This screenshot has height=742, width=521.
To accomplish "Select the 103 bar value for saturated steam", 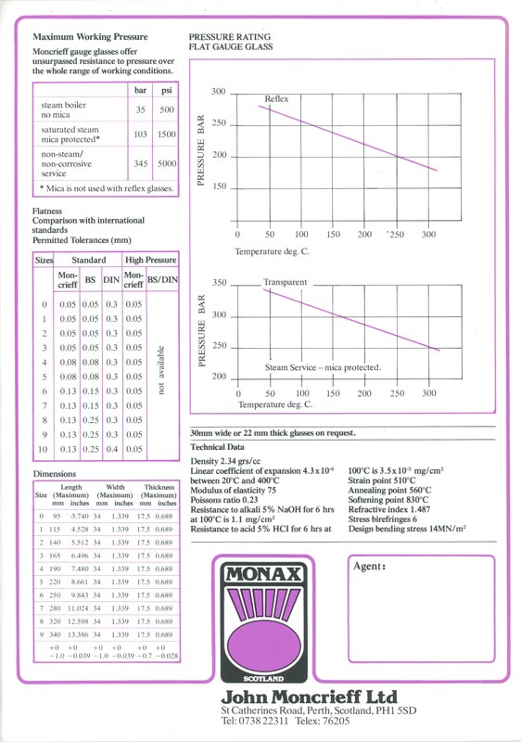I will (x=141, y=134).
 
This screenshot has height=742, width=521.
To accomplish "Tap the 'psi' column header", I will (x=166, y=90).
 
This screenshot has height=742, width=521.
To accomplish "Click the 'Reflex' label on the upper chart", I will (x=276, y=98).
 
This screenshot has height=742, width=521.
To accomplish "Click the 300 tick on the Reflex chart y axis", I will (x=218, y=92).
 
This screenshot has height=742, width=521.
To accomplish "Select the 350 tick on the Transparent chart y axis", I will (x=219, y=283).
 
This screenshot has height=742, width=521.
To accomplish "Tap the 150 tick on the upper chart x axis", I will (x=333, y=235).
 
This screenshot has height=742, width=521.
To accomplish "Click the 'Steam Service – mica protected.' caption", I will (x=323, y=368).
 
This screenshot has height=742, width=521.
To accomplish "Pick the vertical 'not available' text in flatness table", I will (x=162, y=375).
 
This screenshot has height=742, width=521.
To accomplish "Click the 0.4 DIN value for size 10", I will (x=111, y=450).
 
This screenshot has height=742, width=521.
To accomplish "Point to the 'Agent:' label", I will (x=370, y=566).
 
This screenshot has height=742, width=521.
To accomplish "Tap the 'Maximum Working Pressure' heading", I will (x=79, y=33).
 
